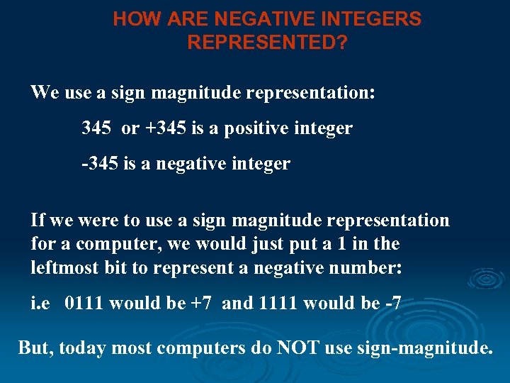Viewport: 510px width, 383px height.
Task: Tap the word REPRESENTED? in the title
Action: point(267,43)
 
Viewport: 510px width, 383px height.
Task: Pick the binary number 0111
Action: point(85,304)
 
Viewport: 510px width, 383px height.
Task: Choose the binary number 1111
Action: point(279,304)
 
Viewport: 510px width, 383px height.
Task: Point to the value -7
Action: point(392,304)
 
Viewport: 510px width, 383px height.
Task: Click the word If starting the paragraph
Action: point(38,220)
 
